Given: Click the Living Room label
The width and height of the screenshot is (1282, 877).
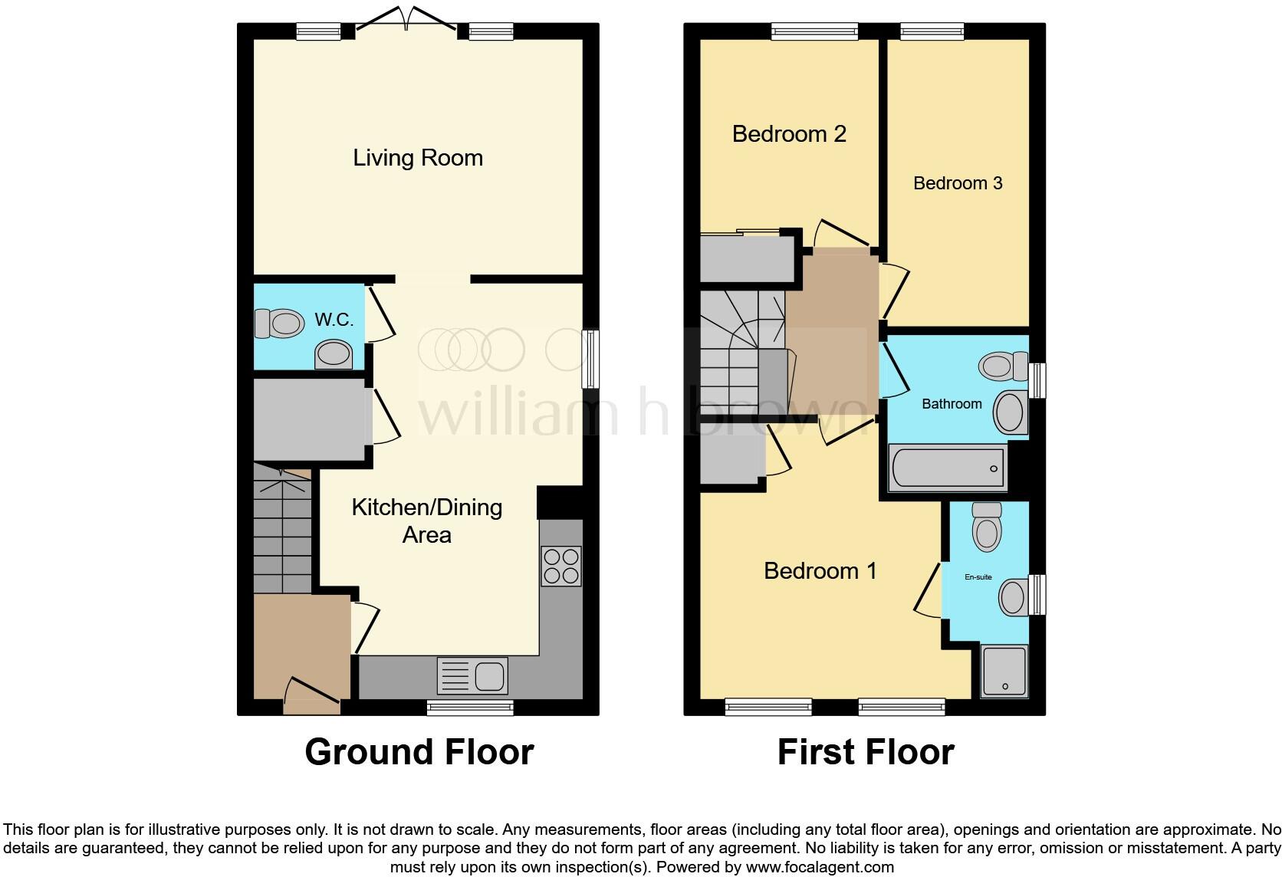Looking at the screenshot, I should [x=418, y=158].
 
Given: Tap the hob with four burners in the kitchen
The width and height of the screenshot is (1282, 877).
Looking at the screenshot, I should [x=560, y=566].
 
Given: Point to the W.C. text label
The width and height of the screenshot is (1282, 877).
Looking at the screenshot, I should [x=334, y=320].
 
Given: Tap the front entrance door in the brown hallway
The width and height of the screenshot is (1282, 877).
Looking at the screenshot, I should [x=311, y=690].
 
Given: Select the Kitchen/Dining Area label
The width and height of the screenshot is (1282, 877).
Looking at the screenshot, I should [x=427, y=521].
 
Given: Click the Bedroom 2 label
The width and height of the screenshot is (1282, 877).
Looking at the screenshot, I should [x=789, y=134].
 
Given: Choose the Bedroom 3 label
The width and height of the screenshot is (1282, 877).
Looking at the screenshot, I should [x=958, y=183].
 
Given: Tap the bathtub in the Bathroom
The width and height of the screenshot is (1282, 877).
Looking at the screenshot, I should [x=947, y=468].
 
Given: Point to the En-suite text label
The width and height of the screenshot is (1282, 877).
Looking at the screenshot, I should [x=978, y=577].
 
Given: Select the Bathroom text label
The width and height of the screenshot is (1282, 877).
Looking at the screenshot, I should [x=952, y=404].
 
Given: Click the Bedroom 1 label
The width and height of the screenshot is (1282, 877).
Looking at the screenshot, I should [x=820, y=571].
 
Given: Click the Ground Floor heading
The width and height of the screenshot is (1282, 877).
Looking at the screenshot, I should [x=419, y=752].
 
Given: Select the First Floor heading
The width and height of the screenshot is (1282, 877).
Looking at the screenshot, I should [x=866, y=752].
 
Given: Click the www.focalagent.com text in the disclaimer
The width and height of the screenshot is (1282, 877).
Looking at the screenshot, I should [x=820, y=868].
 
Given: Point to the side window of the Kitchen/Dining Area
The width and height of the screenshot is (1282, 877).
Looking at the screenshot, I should [x=590, y=359].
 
